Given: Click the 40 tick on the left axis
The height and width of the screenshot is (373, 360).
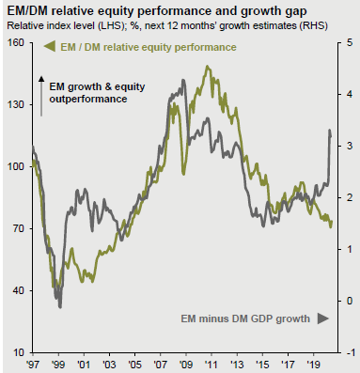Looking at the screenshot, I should pyautogui.click(x=15, y=290).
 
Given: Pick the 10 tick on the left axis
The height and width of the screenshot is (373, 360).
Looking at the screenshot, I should pyautogui.click(x=15, y=352).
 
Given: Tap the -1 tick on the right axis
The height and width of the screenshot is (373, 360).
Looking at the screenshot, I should pyautogui.click(x=349, y=352).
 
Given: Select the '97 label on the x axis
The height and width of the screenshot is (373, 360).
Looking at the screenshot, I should pyautogui.click(x=33, y=364).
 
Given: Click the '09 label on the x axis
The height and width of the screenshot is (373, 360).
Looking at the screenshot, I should pyautogui.click(x=186, y=364).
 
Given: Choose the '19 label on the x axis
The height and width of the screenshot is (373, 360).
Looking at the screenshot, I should pyautogui.click(x=314, y=364).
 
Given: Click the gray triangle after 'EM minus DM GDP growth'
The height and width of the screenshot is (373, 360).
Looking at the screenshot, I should pyautogui.click(x=321, y=319).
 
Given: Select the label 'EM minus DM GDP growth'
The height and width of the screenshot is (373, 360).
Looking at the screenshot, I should pyautogui.click(x=245, y=319).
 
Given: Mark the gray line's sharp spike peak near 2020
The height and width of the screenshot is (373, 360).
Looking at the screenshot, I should pyautogui.click(x=329, y=131).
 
